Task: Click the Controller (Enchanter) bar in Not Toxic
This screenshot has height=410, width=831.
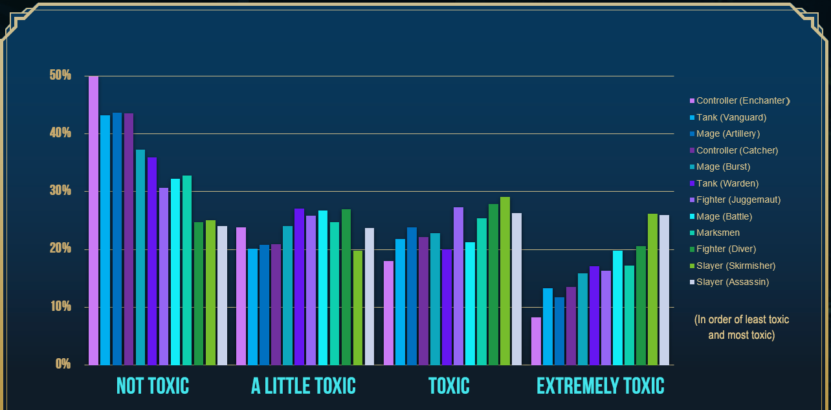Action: (93, 220)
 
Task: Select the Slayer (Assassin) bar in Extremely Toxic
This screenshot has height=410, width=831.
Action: (664, 290)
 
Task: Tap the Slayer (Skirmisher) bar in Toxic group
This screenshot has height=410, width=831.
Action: (505, 281)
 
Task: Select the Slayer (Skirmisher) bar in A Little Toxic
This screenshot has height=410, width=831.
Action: (358, 308)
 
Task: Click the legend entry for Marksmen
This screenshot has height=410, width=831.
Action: (718, 233)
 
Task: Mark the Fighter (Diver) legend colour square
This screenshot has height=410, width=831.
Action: (692, 249)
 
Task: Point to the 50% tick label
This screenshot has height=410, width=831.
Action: (60, 75)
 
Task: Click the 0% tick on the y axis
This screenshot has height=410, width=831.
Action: (63, 364)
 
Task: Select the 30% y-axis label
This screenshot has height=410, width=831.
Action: (60, 191)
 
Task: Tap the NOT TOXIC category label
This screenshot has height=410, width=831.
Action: (153, 386)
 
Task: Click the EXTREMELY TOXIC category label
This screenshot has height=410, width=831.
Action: (601, 386)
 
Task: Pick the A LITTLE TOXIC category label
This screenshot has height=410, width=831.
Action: (304, 386)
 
